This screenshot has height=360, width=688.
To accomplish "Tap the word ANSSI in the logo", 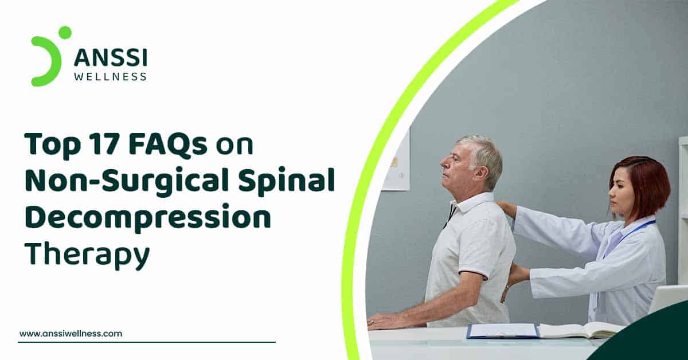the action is coord(111,57).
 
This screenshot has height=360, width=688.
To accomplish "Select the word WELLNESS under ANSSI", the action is coord(110,76).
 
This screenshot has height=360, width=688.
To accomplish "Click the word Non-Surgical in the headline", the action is coord(127,182).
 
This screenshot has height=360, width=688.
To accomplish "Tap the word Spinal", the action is coord(286,182).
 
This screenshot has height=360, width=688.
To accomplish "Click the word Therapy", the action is coord(88,255).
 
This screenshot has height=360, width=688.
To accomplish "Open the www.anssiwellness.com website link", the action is coord(71,333).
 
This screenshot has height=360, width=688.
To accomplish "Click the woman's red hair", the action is coord(645,185).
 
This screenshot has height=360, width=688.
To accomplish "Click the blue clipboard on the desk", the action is coord(503,331).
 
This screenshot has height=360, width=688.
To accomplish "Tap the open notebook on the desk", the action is coord(580,330).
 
